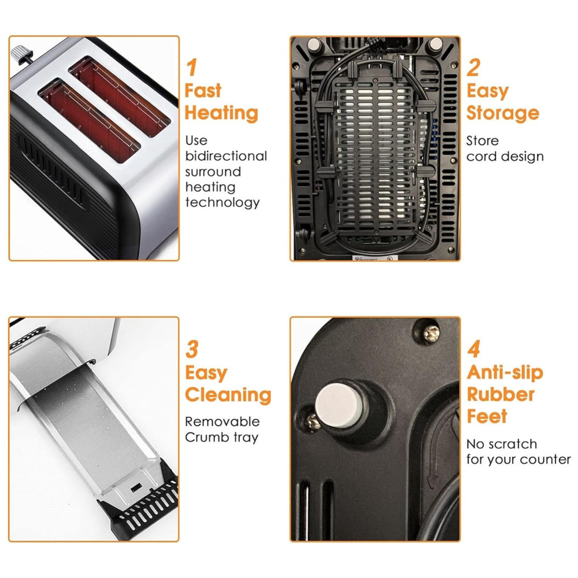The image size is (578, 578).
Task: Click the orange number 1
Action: [x=192, y=67]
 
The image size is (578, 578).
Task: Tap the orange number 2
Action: [x=473, y=67]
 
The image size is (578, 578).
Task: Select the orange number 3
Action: [x=192, y=349]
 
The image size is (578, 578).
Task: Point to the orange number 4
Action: [x=474, y=349]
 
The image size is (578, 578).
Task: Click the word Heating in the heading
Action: [x=221, y=113]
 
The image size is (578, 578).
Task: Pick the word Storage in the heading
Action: [x=503, y=113]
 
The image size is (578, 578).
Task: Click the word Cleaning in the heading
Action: [x=228, y=395]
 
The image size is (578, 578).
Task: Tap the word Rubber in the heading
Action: [x=501, y=394]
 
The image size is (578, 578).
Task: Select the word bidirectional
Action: [x=226, y=156]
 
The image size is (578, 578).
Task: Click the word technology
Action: [x=223, y=202]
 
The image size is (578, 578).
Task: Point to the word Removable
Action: [x=223, y=421]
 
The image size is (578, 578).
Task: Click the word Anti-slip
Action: [x=505, y=373]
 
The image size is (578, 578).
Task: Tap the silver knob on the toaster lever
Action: [x=17, y=54]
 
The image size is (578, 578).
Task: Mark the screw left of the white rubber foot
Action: [x=312, y=422]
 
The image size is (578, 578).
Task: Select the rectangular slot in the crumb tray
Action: [x=136, y=487]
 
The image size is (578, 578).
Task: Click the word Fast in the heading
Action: [x=203, y=90]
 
